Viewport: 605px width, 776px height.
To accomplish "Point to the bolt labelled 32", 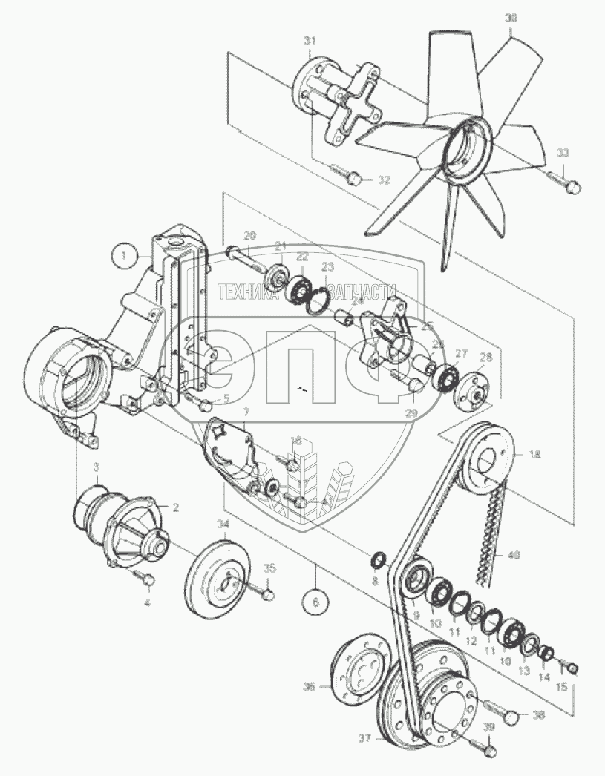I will tap(352, 177).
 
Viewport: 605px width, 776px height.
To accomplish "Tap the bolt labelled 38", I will tap(511, 716).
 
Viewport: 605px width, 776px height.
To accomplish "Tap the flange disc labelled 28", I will tap(469, 389).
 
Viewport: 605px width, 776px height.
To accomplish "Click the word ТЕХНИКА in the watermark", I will tap(248, 292).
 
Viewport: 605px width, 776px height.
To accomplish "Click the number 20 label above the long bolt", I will tap(250, 235).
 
